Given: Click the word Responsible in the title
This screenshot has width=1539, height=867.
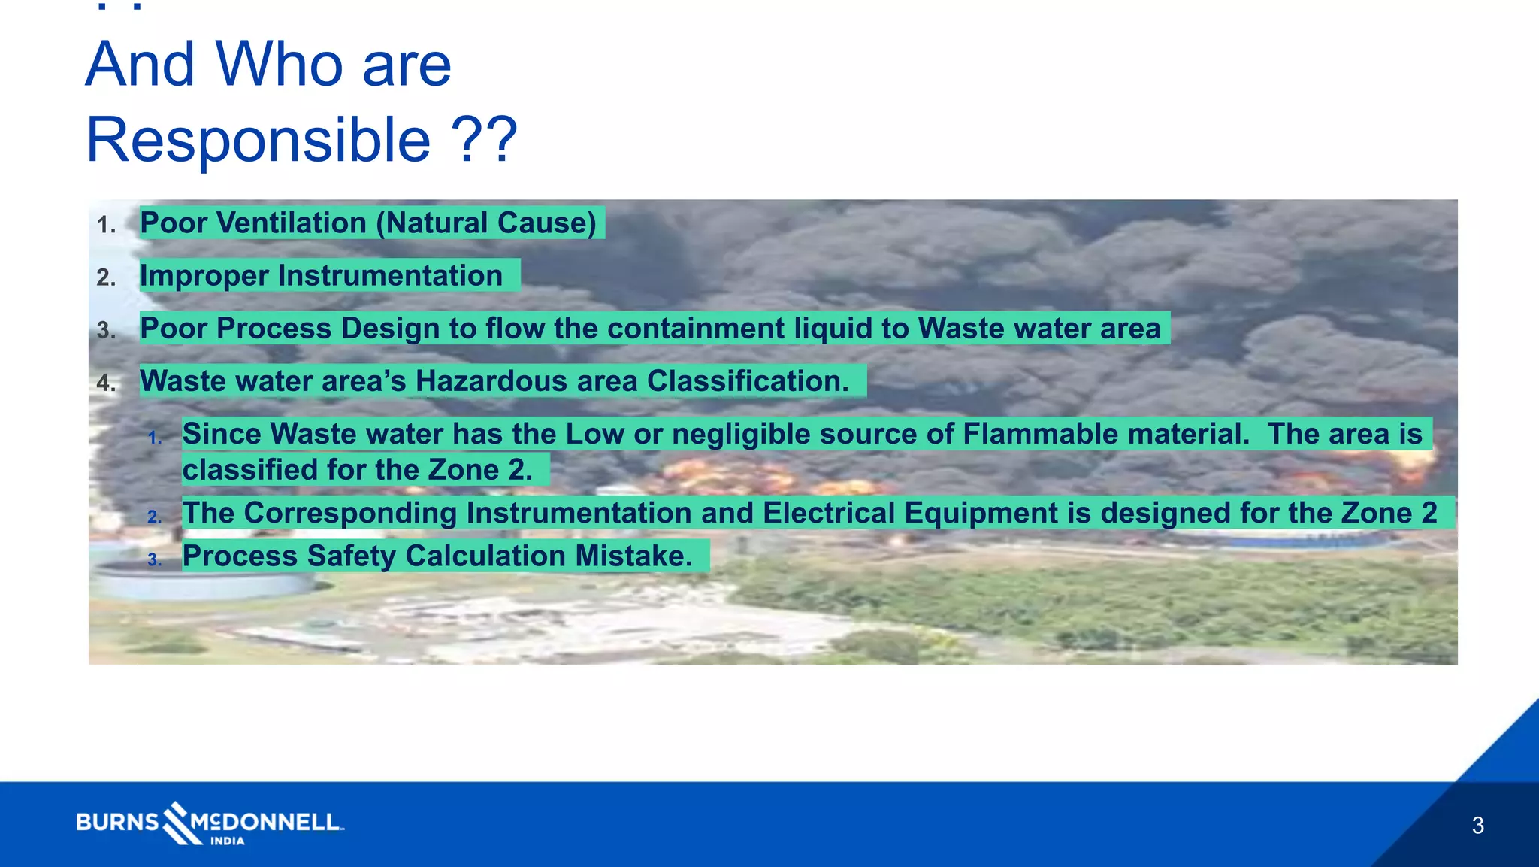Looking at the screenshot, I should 258,141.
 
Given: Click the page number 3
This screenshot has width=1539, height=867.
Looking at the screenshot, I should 1477,826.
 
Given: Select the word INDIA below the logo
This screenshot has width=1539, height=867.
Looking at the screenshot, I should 227,841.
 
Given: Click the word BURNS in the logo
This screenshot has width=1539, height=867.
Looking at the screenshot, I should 117,822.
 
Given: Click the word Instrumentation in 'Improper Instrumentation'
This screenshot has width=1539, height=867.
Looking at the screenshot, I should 390,276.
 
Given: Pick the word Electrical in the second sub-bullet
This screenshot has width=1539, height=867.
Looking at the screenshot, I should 829,513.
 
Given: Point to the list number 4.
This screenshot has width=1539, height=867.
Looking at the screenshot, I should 106,383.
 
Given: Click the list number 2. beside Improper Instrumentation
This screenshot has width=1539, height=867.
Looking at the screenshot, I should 106,278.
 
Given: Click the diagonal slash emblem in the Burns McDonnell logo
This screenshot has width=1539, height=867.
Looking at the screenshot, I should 177,823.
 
